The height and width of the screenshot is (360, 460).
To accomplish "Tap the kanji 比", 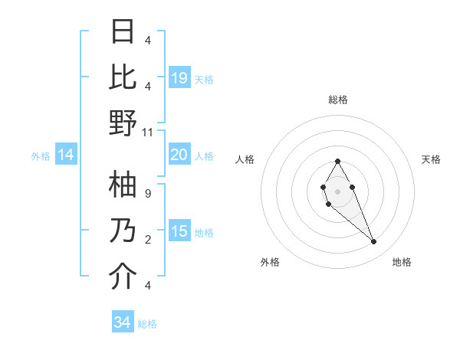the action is click(123, 77).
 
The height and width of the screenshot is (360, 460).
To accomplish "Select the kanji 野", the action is click(123, 123).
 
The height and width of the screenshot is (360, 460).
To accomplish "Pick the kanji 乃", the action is click(123, 231).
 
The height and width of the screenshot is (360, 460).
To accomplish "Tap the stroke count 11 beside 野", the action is click(148, 132).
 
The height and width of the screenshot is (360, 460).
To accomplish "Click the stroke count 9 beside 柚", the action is click(148, 194).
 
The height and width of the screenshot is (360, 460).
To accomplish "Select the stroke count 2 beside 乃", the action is click(148, 240).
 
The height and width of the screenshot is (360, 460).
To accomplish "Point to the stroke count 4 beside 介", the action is click(148, 285).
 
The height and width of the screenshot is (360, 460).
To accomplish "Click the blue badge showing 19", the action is click(179, 77).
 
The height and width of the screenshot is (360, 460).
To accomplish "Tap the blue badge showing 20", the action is click(179, 155).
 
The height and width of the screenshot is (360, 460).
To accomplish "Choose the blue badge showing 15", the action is click(179, 231).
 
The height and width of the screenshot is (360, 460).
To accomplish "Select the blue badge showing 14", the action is click(66, 155).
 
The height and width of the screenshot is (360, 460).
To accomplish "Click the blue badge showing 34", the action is click(123, 322).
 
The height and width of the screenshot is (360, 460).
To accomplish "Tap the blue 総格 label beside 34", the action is click(147, 324).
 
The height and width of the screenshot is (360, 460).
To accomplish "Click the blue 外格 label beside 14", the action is click(41, 156).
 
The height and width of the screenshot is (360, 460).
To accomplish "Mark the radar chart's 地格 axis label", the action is click(402, 262).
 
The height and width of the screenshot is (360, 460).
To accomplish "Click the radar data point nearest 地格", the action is click(373, 242).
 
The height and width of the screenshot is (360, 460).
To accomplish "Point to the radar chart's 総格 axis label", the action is click(337, 100).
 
